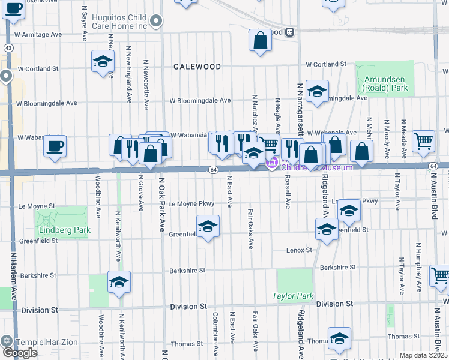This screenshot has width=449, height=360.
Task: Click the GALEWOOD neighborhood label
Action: tap(197, 67)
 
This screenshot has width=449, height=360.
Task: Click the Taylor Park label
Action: tap(292, 296)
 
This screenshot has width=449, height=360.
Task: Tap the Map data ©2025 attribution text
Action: tap(423, 355)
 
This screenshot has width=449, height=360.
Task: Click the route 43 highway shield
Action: tap(8, 47)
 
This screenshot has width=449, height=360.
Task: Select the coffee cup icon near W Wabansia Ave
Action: tap(55, 146)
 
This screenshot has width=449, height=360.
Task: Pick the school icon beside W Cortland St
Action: tap(103, 61)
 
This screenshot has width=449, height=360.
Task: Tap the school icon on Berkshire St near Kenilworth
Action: tap(119, 281)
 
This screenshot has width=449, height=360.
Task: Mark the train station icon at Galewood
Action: tap(289, 32)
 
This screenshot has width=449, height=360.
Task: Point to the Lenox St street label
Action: tap(300, 250)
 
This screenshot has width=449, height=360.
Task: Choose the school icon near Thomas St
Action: tap(339, 338)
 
